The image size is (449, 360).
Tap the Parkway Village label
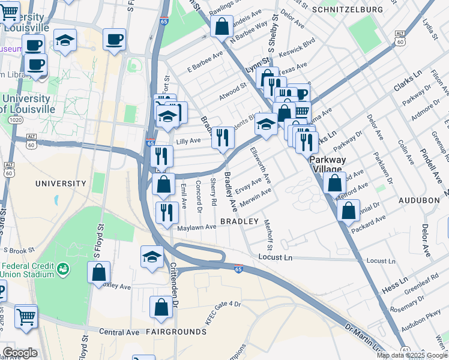tap(328, 164)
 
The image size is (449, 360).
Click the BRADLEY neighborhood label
tap(239, 221)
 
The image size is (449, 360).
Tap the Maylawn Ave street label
tap(196, 227)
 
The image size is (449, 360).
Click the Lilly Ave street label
tap(188, 141)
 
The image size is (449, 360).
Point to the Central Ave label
tap(119, 331)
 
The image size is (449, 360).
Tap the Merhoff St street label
tap(268, 235)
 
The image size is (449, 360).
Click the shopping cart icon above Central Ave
tap(26, 316)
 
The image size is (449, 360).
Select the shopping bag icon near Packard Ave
tap(348, 210)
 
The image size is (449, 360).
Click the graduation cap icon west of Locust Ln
tap(152, 256)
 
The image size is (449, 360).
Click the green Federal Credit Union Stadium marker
tap(62, 271)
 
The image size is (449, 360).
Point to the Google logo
tap(20, 353)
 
